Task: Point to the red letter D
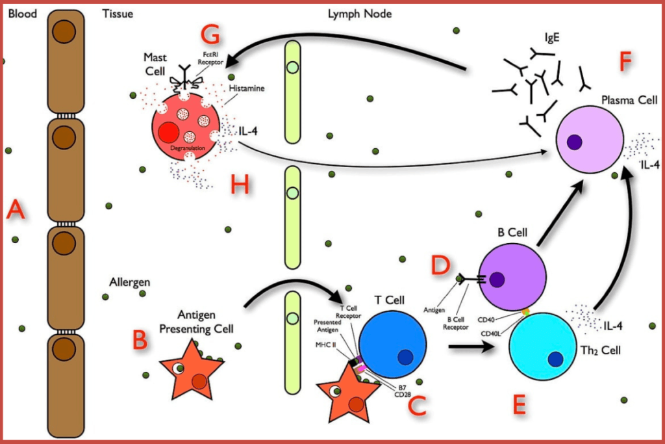point(441,266)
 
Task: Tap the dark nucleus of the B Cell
point(497,280)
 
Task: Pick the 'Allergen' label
point(130,283)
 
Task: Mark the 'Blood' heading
point(22,12)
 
